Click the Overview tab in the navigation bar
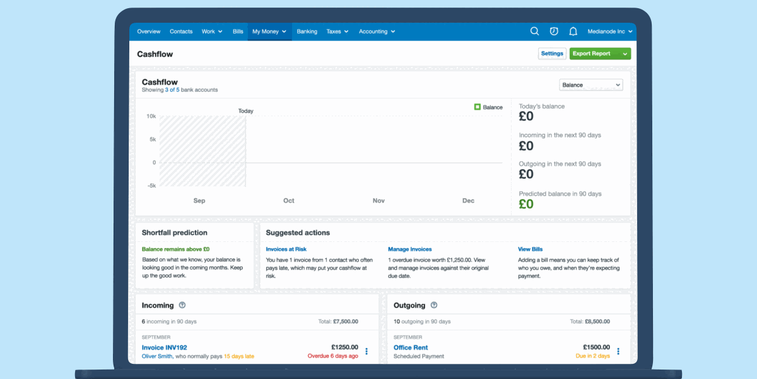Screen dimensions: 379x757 [149, 32]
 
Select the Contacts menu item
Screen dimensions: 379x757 [181, 32]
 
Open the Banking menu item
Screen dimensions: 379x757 [307, 32]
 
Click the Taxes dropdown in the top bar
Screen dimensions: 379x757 [337, 32]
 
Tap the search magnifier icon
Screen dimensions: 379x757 [534, 32]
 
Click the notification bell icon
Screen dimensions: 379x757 [573, 32]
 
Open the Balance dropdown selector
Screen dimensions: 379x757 [590, 85]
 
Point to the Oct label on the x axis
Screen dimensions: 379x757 [289, 201]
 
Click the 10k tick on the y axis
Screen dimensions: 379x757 [151, 116]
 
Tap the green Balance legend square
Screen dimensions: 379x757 [478, 107]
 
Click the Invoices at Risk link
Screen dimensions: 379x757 [286, 250]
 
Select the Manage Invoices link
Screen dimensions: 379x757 [410, 250]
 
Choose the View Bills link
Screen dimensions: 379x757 [531, 250]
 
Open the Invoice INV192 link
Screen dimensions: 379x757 [165, 347]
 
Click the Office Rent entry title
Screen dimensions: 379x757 [411, 347]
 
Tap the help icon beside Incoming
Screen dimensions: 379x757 [182, 305]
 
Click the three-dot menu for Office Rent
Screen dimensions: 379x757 [618, 351]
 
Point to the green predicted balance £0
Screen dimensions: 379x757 [526, 204]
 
